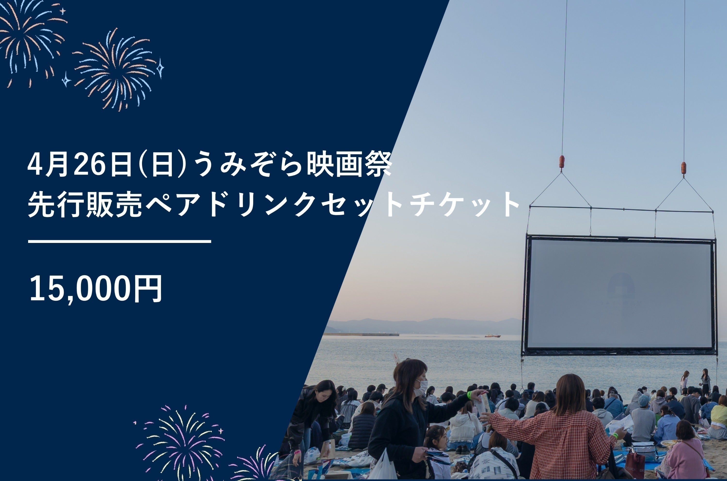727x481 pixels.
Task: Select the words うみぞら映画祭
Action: coord(293,164)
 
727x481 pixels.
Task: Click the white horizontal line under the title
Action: coord(119,241)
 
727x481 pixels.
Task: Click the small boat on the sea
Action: coord(492,336)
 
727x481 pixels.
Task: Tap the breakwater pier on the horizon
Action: coord(361,334)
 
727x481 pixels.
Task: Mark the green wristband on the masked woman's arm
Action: coord(469,395)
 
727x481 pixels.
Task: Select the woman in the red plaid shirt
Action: coord(558,429)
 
